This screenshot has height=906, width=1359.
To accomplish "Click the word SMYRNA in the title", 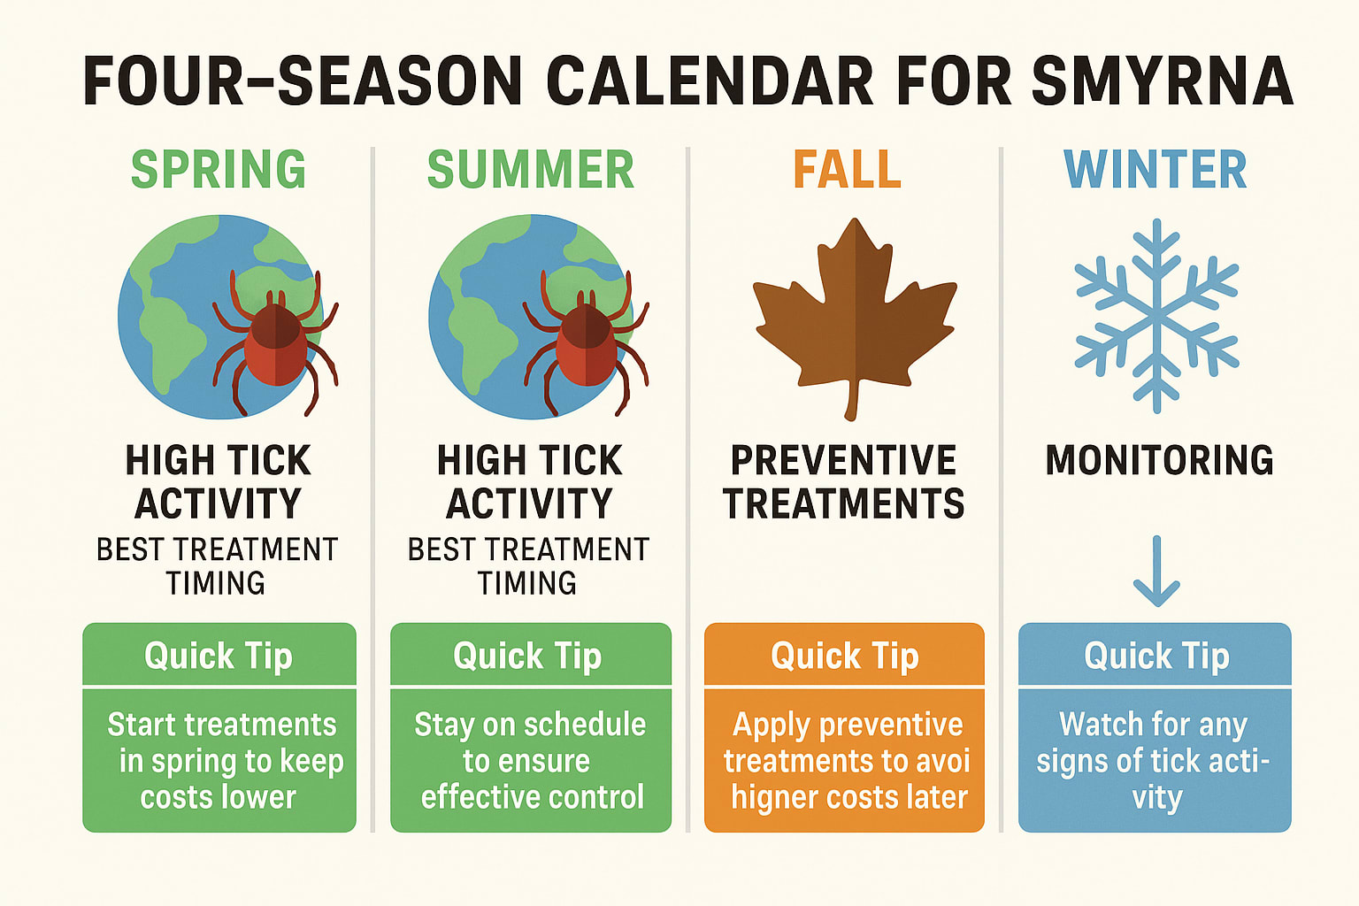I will (x=1162, y=81).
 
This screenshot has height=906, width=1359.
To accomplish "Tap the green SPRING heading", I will (x=219, y=169).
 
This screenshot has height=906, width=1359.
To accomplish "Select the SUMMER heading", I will (x=530, y=169).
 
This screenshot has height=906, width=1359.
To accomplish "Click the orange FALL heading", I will (x=847, y=169).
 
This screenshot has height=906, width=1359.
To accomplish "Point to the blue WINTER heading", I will (x=1155, y=169).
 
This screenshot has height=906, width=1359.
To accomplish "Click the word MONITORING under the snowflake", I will (x=1159, y=461).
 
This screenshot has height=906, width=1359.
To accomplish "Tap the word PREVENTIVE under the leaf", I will (x=843, y=461).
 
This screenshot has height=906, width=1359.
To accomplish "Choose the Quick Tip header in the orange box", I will (x=844, y=656).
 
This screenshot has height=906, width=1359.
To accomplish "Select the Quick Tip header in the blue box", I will (x=1156, y=656).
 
